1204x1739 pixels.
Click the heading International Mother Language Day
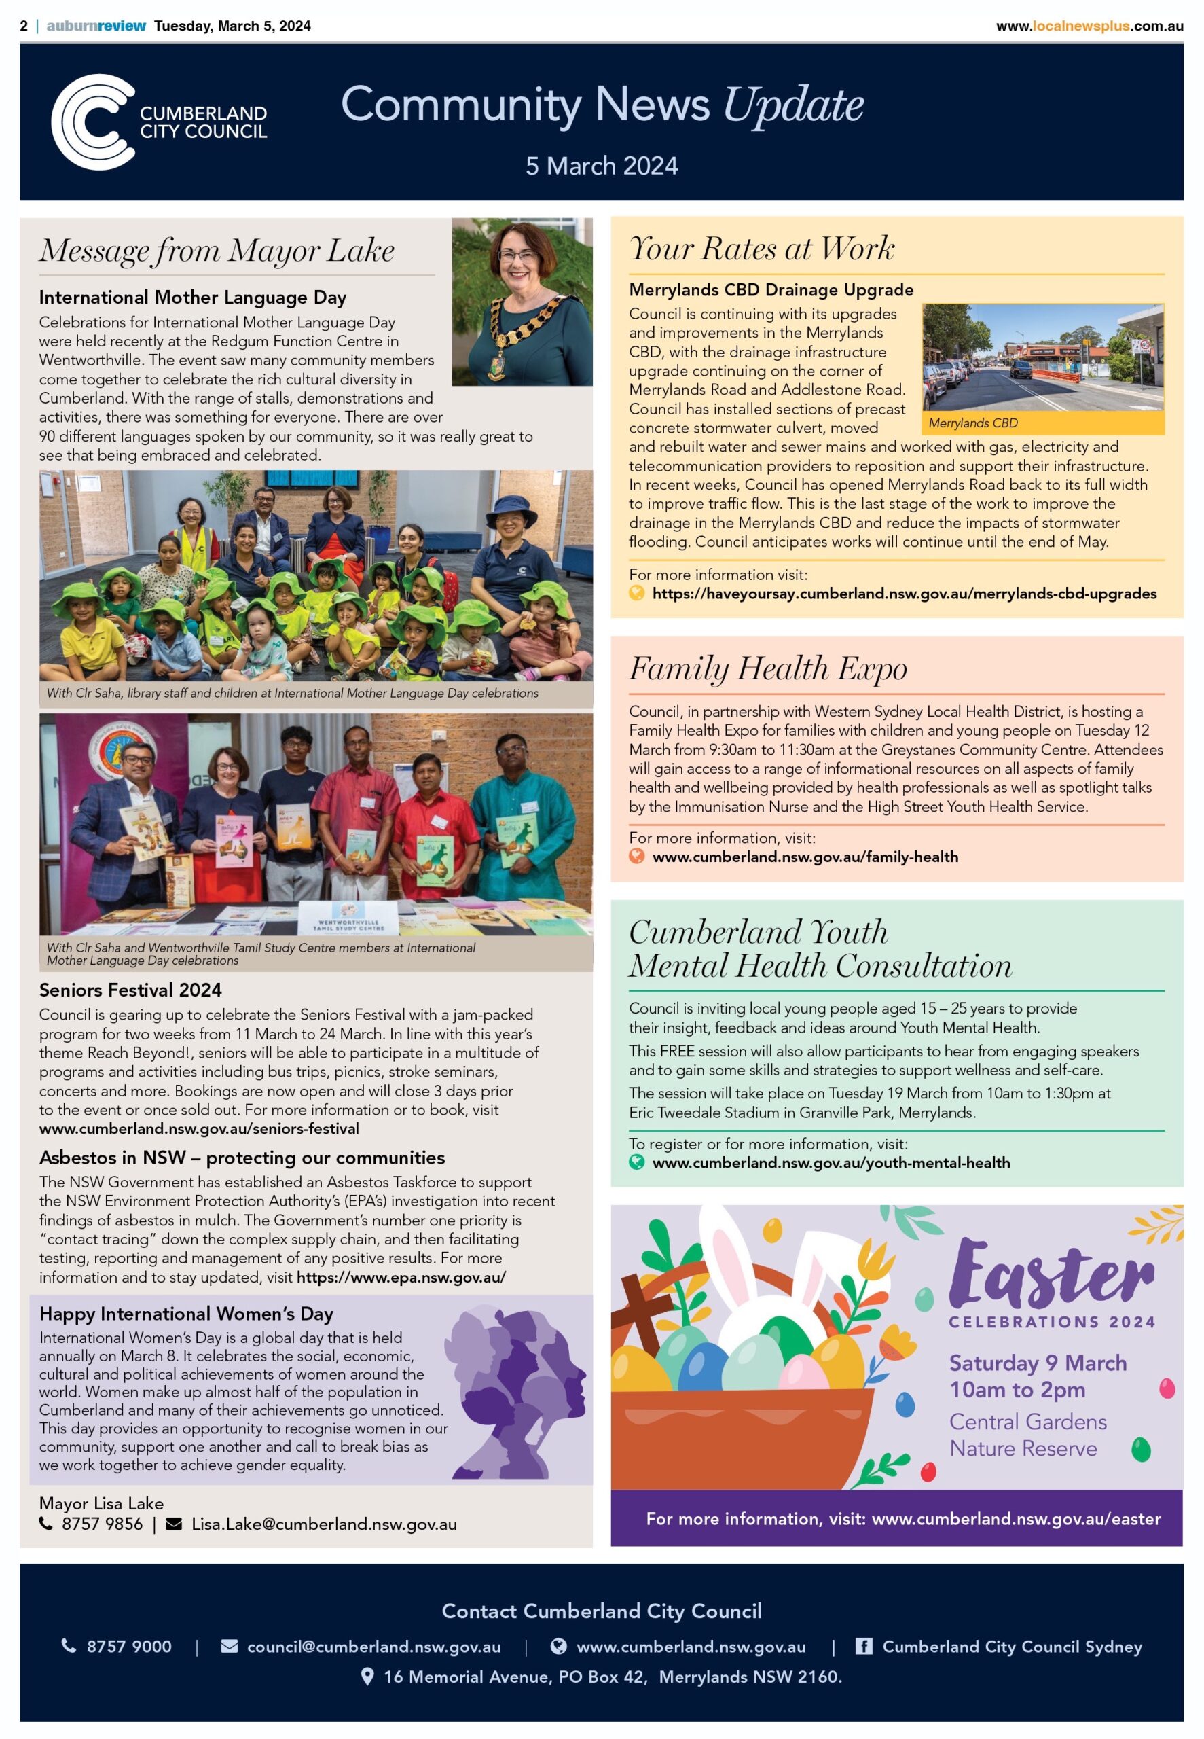tap(192, 298)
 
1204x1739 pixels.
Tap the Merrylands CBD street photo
tap(1042, 357)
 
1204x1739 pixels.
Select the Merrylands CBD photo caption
tap(972, 423)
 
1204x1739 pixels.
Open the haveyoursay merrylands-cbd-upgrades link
tap(904, 594)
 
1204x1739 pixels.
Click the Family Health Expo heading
tap(767, 668)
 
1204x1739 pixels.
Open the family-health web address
tap(804, 857)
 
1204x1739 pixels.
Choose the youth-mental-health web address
tap(830, 1162)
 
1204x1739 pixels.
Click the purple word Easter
tap(1051, 1274)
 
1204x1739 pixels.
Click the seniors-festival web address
tap(199, 1129)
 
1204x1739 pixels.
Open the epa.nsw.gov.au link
tap(401, 1277)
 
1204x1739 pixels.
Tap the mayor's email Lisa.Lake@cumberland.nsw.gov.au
tap(324, 1524)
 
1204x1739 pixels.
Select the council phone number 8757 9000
tap(128, 1646)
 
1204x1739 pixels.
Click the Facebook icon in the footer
tap(863, 1645)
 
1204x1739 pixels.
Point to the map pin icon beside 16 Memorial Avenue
tap(367, 1677)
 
